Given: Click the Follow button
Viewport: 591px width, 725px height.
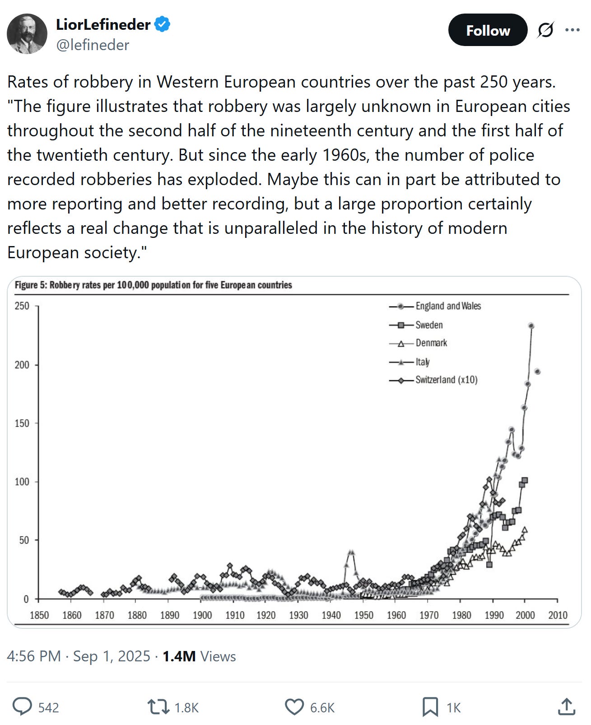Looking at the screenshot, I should [488, 30].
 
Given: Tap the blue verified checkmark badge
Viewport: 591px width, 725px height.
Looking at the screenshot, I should [163, 24].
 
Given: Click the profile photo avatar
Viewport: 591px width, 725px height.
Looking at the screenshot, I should [27, 34].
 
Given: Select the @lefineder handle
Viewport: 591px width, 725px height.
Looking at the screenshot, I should [93, 45].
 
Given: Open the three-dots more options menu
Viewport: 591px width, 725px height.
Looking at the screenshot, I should [572, 30].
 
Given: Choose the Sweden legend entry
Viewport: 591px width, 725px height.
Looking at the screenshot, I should [429, 325].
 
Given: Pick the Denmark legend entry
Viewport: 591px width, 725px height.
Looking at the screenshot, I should [431, 343].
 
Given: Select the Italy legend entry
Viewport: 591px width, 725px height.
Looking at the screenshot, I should [423, 362].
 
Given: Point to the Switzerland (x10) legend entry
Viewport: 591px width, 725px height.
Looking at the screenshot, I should [446, 380].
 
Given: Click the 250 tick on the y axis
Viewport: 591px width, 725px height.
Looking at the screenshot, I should [22, 306].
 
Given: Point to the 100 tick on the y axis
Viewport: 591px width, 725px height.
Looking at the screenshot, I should [22, 482].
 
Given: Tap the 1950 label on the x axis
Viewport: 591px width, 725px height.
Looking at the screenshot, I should [364, 615].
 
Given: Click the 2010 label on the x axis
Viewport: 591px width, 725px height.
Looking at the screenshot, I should [558, 615].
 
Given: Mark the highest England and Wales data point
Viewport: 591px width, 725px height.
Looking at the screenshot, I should [531, 326].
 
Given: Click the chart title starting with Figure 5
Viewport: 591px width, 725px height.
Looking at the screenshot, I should [154, 285].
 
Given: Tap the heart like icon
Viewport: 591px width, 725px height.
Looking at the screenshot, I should [294, 707].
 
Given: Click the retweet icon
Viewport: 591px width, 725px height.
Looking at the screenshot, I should [158, 707].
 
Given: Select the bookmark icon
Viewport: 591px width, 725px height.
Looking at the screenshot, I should [430, 707].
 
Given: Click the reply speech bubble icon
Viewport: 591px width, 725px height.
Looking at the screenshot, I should [22, 707].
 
